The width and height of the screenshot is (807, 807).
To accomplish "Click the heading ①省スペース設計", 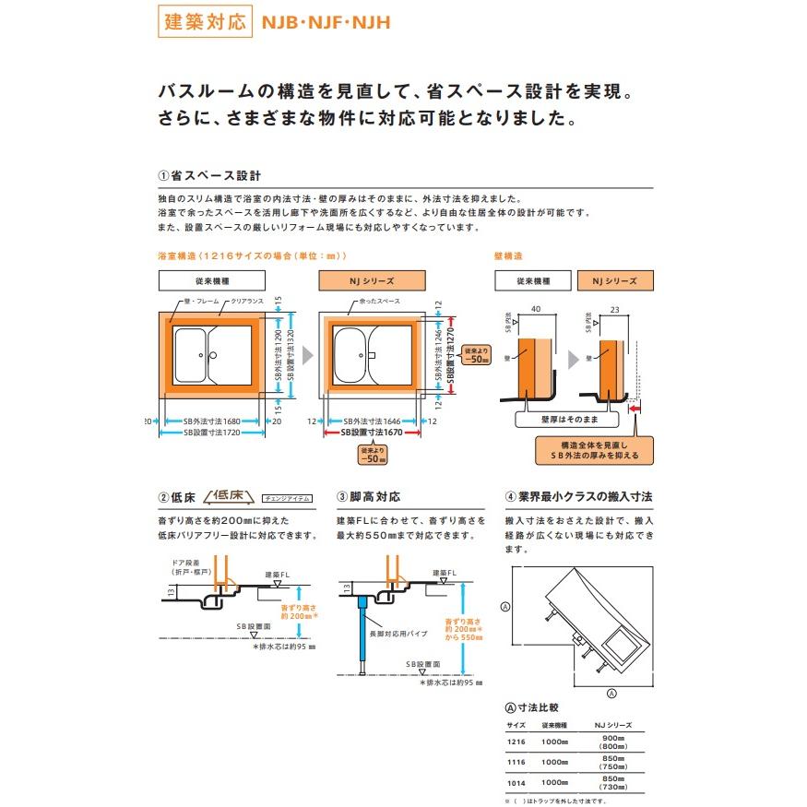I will point(208,175).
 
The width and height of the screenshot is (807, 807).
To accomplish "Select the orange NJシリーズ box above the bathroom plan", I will point(372,280).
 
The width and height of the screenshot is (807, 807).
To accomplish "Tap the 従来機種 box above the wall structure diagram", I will point(533,280).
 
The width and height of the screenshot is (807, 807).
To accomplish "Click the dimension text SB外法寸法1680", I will point(210,421).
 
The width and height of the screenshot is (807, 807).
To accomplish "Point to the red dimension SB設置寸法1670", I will point(373,432).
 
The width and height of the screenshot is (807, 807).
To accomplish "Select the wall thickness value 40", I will point(535,311).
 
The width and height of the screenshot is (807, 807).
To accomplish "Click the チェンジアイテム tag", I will point(287,498).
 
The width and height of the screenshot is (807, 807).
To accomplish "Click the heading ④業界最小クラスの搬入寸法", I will point(579,497).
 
